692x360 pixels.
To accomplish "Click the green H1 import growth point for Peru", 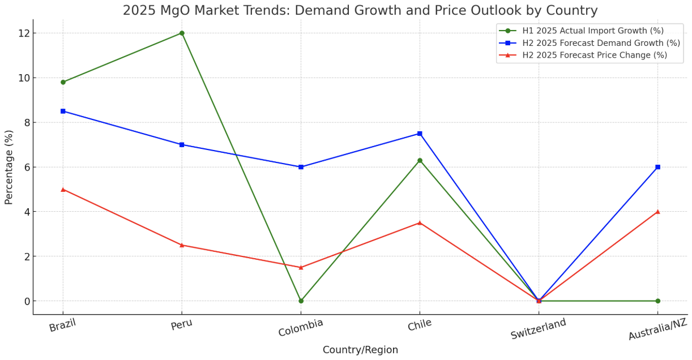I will (x=182, y=33).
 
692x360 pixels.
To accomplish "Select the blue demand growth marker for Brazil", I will (x=63, y=111).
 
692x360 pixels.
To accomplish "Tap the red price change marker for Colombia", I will (x=301, y=267).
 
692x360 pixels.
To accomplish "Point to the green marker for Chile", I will (x=420, y=160).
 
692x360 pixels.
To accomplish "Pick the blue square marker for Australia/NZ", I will (x=657, y=167).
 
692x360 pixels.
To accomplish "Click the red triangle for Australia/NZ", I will (x=657, y=212).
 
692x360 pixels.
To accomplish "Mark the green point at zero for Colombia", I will (x=301, y=301).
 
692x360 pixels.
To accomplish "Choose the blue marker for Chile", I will (x=420, y=134).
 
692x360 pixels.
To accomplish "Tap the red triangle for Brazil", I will (x=63, y=189).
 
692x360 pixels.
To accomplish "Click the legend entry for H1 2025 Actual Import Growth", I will (x=592, y=31).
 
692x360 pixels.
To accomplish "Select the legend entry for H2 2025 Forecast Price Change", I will (x=594, y=55).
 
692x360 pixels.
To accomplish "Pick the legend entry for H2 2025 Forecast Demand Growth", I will (x=601, y=43).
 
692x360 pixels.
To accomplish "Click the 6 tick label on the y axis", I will (x=27, y=167).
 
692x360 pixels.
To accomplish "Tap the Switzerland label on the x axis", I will (x=538, y=329).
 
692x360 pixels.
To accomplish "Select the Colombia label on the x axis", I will (x=301, y=327).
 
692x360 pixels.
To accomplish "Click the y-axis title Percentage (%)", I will (x=9, y=167).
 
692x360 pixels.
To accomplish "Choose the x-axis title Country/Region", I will (x=360, y=350).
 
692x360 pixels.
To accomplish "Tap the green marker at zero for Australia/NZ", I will (x=657, y=301).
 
